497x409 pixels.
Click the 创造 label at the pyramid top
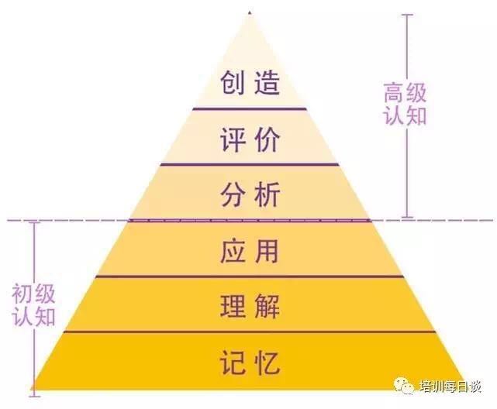click(x=250, y=83)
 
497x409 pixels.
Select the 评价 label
click(x=250, y=139)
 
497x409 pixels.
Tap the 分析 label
click(x=250, y=194)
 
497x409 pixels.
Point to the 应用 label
click(x=250, y=251)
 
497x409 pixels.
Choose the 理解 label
click(x=250, y=306)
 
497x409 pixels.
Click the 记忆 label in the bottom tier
click(x=250, y=363)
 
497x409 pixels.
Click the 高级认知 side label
click(x=405, y=104)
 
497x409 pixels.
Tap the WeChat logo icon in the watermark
click(x=404, y=386)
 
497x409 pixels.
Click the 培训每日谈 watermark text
click(x=450, y=387)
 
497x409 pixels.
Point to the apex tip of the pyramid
click(x=250, y=12)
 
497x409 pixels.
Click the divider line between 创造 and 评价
click(x=250, y=109)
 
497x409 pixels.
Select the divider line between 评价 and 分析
click(x=250, y=164)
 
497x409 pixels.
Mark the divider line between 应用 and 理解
click(x=250, y=277)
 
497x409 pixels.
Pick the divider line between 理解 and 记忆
click(x=250, y=332)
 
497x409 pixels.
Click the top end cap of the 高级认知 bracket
click(x=407, y=15)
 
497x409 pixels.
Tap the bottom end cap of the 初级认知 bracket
click(x=35, y=396)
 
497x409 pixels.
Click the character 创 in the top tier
click(x=233, y=83)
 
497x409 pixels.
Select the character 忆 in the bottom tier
click(x=267, y=363)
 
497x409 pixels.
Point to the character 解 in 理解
click(x=267, y=306)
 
